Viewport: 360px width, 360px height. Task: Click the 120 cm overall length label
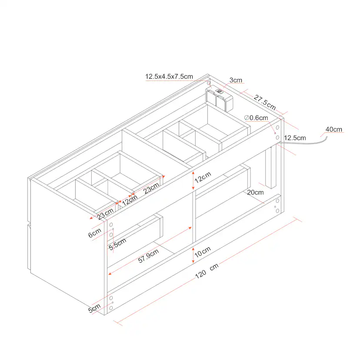207,271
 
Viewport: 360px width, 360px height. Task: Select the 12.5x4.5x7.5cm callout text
169,77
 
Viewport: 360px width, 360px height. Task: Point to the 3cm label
236,80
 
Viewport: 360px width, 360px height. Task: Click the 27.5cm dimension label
265,103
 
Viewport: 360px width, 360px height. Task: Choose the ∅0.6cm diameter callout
256,118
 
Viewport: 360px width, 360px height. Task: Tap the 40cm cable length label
334,129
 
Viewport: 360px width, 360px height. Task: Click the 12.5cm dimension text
295,138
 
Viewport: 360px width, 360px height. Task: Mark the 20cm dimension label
255,192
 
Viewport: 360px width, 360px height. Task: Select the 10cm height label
203,252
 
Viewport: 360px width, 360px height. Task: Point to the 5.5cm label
117,244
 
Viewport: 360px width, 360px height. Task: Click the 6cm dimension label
95,233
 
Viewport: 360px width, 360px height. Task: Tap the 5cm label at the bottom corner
94,308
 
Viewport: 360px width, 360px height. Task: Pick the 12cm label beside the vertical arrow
203,177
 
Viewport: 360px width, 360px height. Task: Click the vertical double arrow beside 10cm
193,255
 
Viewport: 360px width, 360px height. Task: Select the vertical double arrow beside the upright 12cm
193,180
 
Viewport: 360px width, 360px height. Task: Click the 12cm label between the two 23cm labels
130,200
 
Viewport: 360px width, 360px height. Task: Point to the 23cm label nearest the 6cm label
105,214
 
